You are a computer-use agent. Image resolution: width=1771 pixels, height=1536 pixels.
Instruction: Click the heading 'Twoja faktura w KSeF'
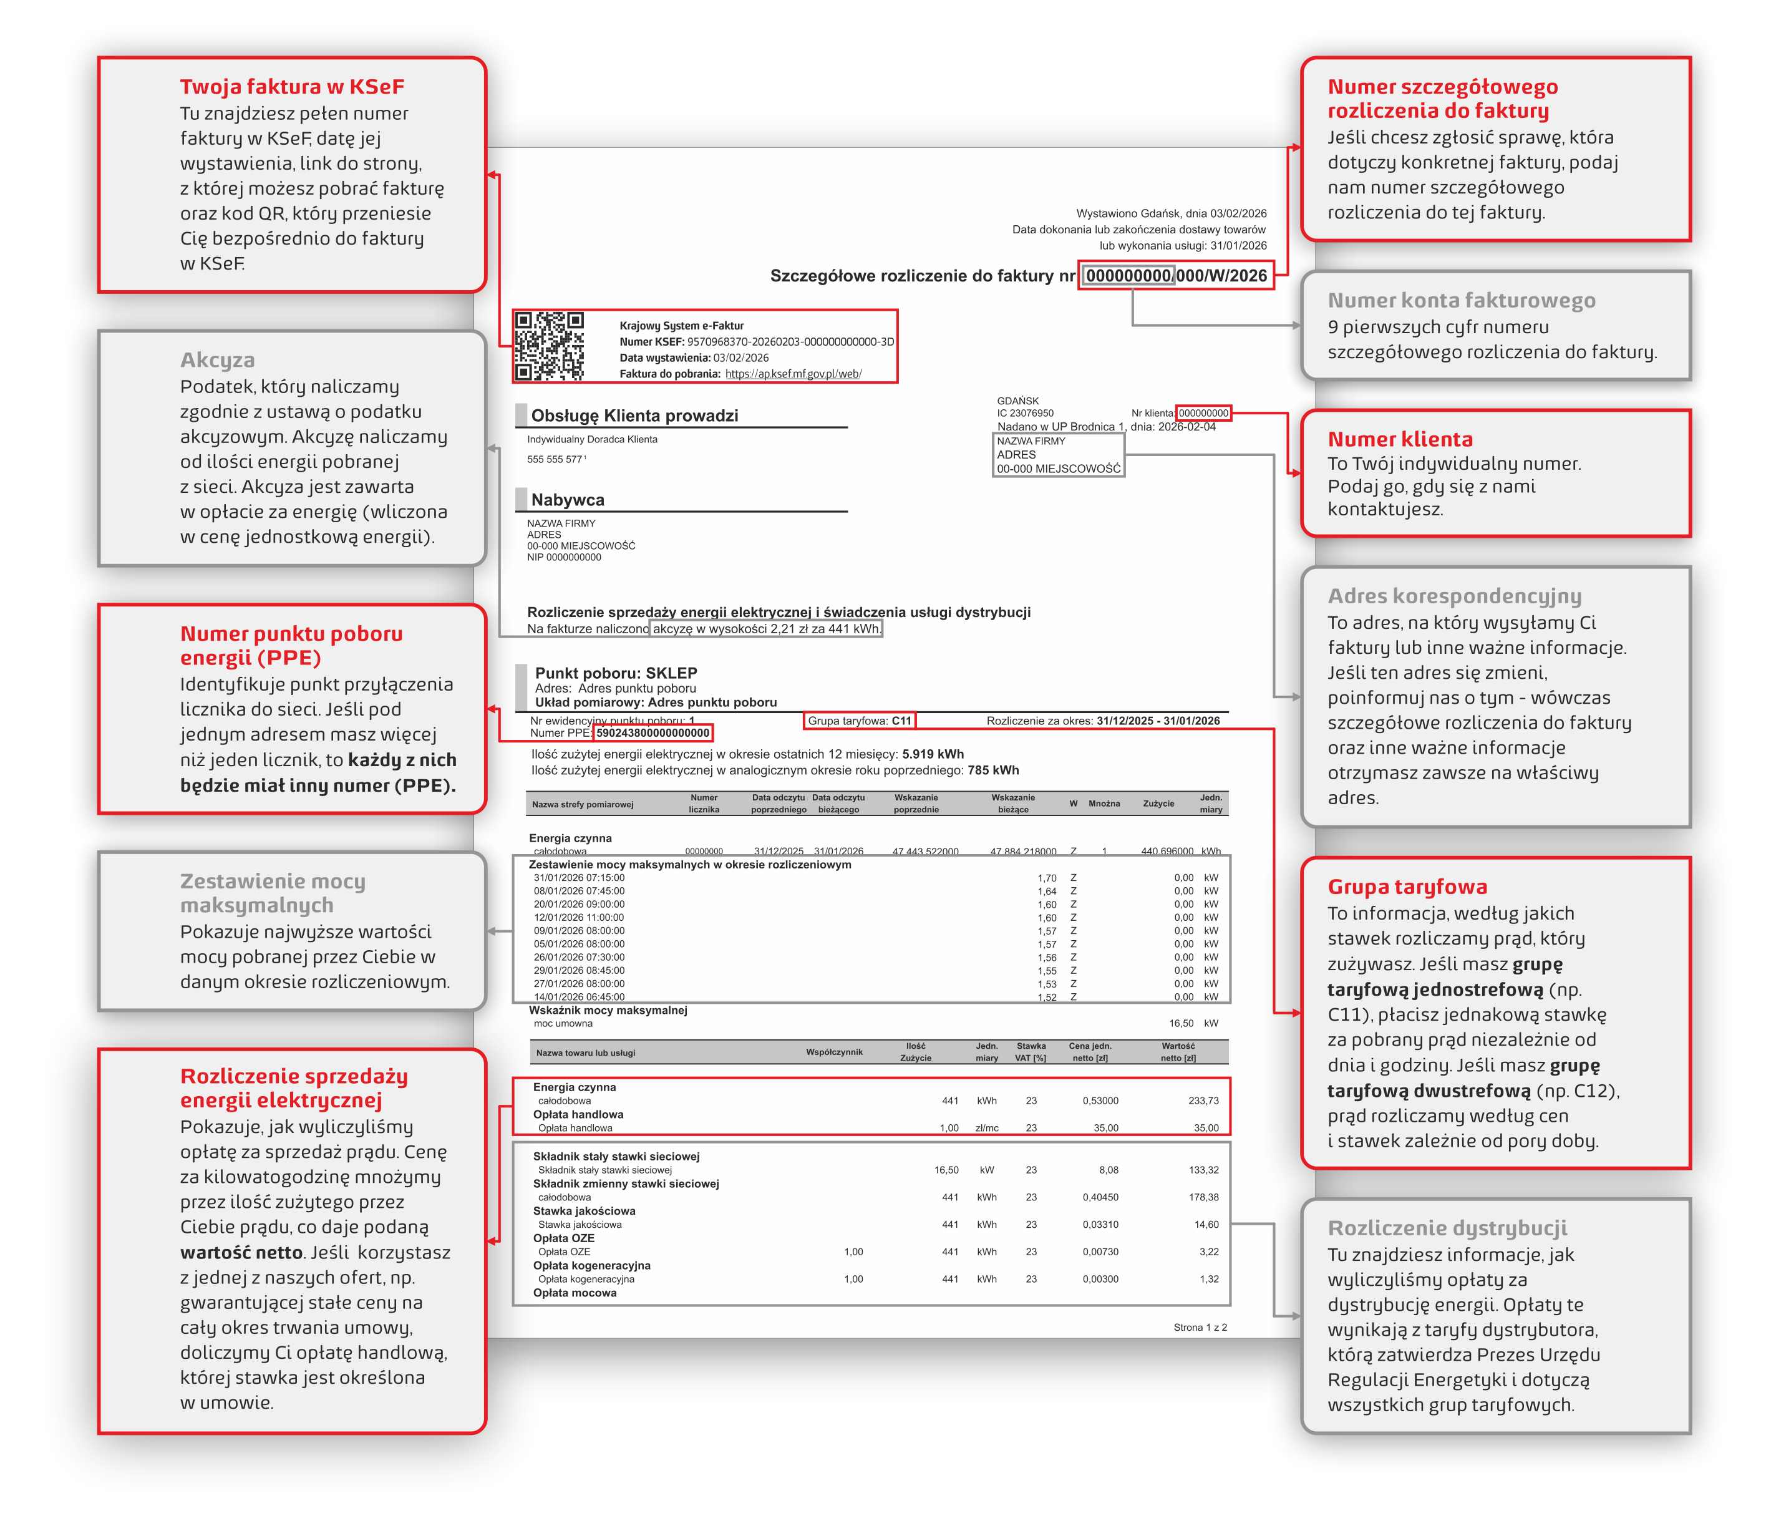pyautogui.click(x=291, y=87)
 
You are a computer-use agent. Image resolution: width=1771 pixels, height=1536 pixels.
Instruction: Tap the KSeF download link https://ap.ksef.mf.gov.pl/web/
pyautogui.click(x=793, y=374)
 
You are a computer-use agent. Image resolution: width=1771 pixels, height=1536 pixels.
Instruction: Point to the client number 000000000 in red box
pyautogui.click(x=1203, y=413)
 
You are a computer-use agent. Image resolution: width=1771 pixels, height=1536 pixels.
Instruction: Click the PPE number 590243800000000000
pyautogui.click(x=653, y=733)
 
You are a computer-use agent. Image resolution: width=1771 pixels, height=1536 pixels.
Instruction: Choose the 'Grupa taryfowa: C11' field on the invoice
pyautogui.click(x=859, y=721)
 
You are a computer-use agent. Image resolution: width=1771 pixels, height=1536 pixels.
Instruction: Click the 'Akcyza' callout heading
pyautogui.click(x=217, y=360)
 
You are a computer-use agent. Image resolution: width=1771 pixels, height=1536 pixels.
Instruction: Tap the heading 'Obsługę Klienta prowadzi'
pyautogui.click(x=634, y=416)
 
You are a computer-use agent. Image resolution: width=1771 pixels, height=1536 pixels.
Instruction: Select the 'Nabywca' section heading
pyautogui.click(x=568, y=500)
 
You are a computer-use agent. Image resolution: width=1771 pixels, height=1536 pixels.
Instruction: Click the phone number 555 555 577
pyautogui.click(x=555, y=459)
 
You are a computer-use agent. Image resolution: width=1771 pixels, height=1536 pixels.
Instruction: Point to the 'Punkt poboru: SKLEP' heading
pyautogui.click(x=616, y=673)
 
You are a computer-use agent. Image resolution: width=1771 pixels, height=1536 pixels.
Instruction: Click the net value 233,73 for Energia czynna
pyautogui.click(x=1203, y=1101)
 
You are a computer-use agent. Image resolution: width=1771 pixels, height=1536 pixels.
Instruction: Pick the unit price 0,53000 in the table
pyautogui.click(x=1100, y=1101)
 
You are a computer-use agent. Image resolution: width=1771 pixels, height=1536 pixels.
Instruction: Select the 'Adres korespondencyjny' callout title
pyautogui.click(x=1454, y=596)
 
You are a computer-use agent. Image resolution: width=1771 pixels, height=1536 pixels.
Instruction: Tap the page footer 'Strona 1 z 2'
pyautogui.click(x=1199, y=1327)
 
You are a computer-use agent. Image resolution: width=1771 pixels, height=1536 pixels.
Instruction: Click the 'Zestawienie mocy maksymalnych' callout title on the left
pyautogui.click(x=273, y=893)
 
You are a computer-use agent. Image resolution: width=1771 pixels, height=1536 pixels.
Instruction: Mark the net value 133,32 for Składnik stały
pyautogui.click(x=1203, y=1170)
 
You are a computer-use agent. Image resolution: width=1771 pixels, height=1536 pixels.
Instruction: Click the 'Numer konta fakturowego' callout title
pyautogui.click(x=1461, y=300)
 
